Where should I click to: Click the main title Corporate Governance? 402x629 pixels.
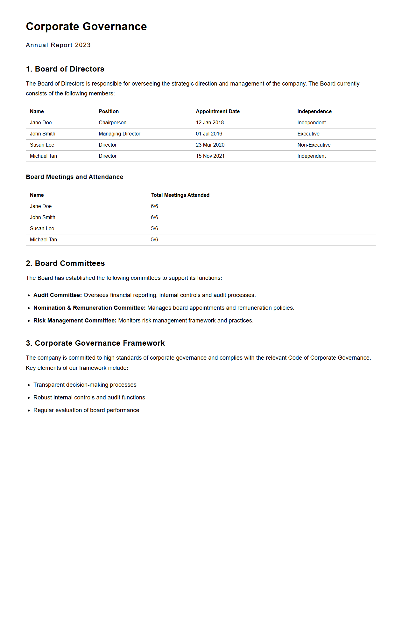tap(86, 27)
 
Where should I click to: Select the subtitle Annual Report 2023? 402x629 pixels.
tap(58, 45)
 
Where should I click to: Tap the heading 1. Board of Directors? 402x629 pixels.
tap(65, 69)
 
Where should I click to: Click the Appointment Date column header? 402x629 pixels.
tap(218, 112)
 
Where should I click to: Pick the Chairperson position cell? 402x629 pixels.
tap(112, 123)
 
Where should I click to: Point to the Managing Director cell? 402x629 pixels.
tap(119, 134)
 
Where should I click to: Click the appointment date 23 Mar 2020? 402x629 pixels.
tap(210, 145)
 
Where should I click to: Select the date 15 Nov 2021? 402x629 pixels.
tap(210, 156)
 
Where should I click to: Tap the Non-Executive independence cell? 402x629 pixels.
tap(314, 145)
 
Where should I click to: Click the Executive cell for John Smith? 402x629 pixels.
tap(308, 134)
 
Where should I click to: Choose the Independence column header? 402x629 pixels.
tap(314, 112)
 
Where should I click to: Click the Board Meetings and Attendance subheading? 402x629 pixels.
tap(74, 177)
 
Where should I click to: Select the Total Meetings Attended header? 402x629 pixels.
tap(180, 195)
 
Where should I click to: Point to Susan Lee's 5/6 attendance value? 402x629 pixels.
tap(154, 229)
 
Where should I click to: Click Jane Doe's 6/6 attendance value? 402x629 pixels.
tap(154, 206)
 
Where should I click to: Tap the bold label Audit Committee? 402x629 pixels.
tap(58, 295)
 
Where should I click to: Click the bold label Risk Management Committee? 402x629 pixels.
tap(75, 321)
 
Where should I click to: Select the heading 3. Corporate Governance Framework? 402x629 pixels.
tap(95, 343)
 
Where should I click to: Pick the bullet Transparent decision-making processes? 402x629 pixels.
tap(85, 385)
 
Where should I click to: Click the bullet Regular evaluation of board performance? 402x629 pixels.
tap(86, 410)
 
